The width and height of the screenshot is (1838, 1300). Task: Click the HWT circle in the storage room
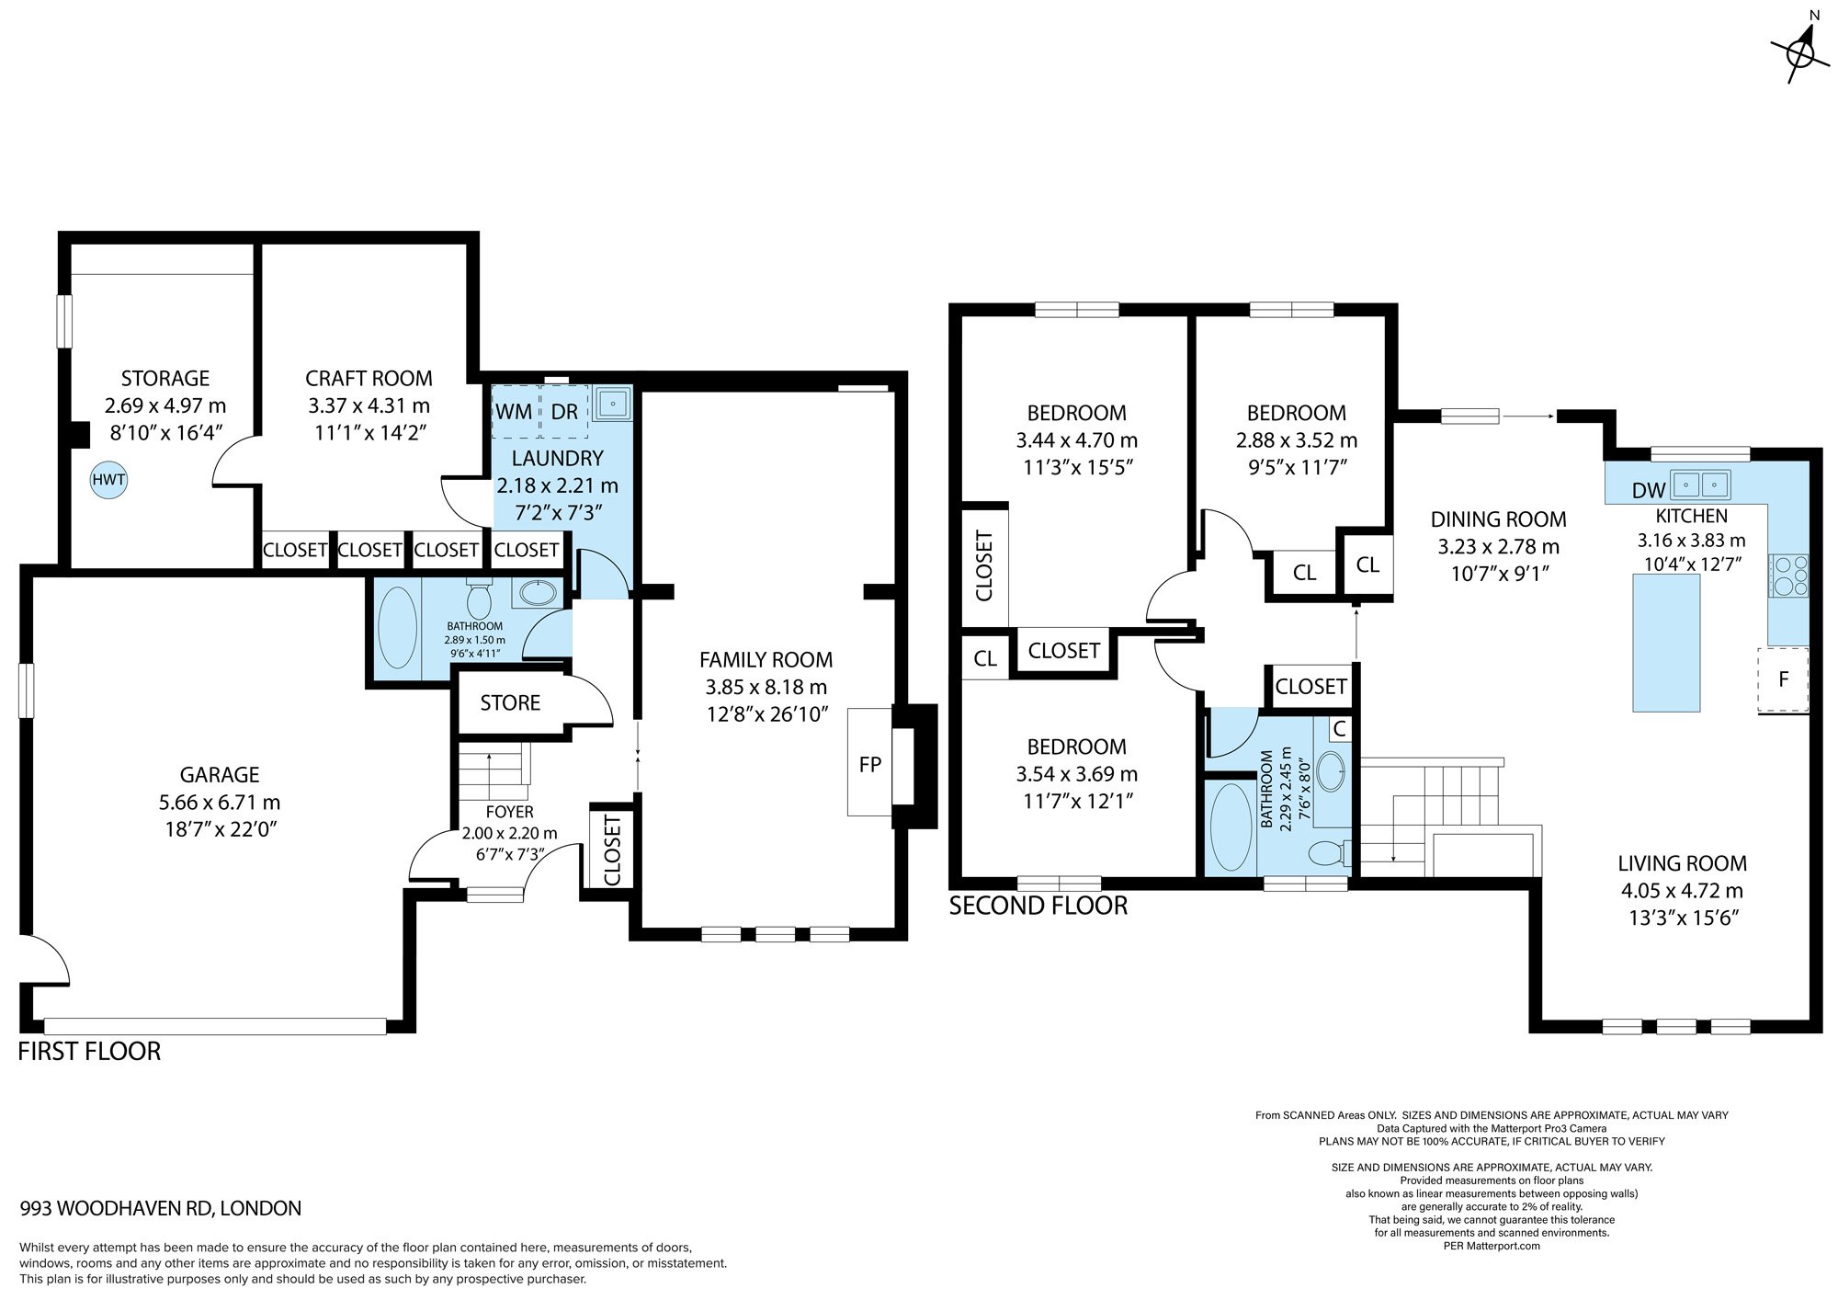[108, 480]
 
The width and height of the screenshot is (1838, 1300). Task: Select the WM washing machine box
[514, 410]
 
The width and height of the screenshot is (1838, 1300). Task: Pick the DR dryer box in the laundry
[563, 410]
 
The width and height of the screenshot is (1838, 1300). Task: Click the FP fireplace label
[869, 763]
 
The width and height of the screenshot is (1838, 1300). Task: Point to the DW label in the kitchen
[1649, 491]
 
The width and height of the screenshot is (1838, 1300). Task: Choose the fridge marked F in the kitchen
[1783, 679]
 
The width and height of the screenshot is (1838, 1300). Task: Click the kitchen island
[1666, 642]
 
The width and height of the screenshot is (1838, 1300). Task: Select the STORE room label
[510, 703]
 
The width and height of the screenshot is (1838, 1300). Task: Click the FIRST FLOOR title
[89, 1051]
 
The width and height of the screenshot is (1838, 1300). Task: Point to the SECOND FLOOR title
[1038, 906]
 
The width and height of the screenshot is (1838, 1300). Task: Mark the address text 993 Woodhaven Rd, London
[161, 1208]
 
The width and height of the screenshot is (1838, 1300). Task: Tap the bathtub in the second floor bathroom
[1231, 827]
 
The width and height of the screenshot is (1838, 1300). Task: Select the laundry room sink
[611, 403]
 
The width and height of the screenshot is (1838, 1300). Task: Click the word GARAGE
[220, 775]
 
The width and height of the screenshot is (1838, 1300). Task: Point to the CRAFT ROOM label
[369, 378]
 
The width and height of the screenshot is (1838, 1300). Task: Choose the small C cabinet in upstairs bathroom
[1340, 729]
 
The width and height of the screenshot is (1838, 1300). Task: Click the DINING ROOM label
[1498, 519]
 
